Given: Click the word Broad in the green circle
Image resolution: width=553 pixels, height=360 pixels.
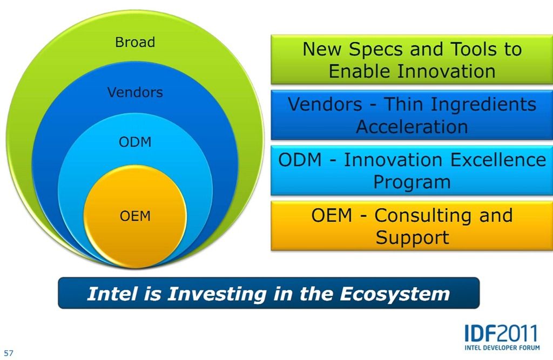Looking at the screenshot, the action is click(x=135, y=42).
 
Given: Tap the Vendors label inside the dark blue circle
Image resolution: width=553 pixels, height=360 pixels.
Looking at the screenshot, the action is click(x=135, y=92).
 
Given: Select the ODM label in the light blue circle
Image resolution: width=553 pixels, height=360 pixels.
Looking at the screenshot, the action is click(x=135, y=142).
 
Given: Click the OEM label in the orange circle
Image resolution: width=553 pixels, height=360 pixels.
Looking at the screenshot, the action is click(x=135, y=216).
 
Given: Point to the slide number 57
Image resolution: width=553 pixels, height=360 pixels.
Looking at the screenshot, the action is click(x=9, y=353).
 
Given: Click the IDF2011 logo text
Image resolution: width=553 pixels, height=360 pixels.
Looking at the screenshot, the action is click(x=502, y=333).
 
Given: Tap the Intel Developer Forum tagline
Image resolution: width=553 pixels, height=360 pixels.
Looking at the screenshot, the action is click(x=502, y=348).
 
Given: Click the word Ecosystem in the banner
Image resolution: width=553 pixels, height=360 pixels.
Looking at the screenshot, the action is click(x=395, y=294).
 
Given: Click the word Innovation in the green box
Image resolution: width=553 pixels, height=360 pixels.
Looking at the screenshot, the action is click(x=447, y=71).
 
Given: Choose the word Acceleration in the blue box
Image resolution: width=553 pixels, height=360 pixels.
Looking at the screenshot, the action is click(x=412, y=126).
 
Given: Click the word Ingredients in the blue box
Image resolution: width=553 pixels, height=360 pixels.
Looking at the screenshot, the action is click(x=483, y=105).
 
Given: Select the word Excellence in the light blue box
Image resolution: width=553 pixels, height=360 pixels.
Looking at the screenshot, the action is click(x=498, y=160).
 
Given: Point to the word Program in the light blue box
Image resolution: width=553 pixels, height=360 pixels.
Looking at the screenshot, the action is click(x=412, y=182).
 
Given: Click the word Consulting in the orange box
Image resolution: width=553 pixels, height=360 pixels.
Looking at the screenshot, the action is click(x=422, y=216).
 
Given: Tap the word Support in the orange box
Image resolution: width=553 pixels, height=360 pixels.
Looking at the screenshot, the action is click(x=412, y=237).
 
